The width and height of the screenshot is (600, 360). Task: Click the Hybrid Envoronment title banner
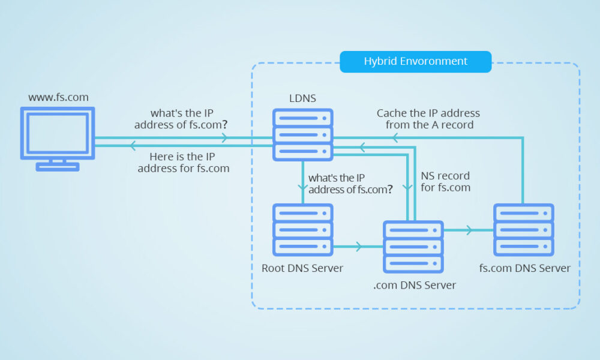coord(415,62)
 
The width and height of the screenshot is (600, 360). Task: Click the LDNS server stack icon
coord(302,134)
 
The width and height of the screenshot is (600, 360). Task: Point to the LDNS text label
coord(302,97)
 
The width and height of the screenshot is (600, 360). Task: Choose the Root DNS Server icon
coord(302,229)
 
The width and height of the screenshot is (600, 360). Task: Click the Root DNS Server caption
coord(302,268)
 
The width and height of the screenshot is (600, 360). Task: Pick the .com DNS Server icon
coord(413,246)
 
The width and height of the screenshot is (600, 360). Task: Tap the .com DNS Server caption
coord(414,285)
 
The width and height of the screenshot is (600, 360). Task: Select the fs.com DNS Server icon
coord(523,229)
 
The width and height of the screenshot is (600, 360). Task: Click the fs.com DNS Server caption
coord(525,268)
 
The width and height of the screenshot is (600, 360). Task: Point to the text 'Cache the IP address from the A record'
coord(428,119)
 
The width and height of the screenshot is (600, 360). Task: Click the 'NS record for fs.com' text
coord(445,182)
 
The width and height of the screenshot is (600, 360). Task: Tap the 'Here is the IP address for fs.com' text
coord(184,163)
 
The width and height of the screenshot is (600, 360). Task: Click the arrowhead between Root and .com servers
coord(359,246)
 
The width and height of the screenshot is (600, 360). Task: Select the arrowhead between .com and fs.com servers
coord(469,229)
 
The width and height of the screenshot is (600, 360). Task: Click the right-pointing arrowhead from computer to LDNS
coord(224,137)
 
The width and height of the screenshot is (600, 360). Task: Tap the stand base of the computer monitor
coord(57,167)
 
